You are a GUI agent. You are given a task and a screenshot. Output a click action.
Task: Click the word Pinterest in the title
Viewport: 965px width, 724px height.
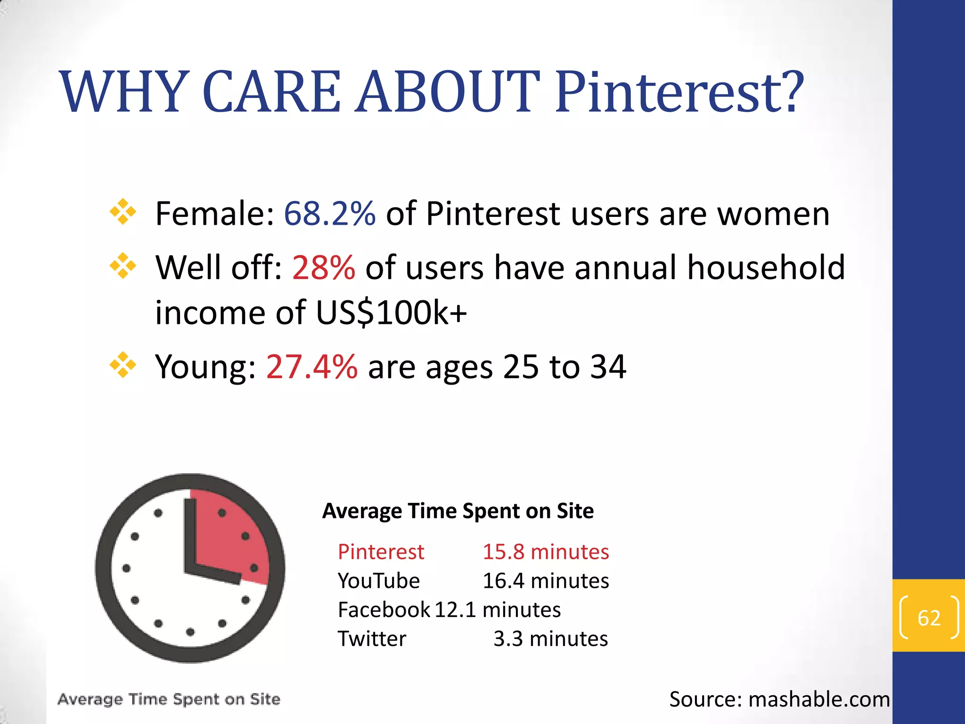pos(679,92)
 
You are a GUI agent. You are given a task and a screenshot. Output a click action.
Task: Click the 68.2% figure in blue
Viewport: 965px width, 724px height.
pos(329,214)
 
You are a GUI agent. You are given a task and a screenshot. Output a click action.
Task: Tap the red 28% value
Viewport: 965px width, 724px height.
pos(323,267)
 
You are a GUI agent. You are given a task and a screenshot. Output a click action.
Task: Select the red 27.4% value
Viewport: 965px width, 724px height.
pos(311,367)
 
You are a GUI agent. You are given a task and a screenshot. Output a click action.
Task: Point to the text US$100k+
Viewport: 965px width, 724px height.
pos(391,313)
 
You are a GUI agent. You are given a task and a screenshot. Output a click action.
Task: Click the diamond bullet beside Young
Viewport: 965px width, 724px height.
pos(123,365)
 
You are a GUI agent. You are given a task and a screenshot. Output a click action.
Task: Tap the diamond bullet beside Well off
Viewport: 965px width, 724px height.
pos(123,266)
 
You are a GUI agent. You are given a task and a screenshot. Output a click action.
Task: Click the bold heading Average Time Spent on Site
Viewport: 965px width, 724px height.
pos(458,511)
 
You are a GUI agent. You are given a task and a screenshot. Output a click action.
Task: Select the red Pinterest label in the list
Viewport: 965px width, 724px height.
pos(381,552)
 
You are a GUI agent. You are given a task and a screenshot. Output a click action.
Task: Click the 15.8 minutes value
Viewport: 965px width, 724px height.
pos(546,552)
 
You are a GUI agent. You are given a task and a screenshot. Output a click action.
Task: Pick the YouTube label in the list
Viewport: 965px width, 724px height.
pos(378,581)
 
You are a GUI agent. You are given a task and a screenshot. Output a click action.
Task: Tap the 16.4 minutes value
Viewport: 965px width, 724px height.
pos(546,581)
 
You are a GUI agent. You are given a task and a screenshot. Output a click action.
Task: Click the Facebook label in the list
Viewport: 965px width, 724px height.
pos(384,610)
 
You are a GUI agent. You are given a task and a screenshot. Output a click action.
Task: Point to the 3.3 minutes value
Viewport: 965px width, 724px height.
pos(550,639)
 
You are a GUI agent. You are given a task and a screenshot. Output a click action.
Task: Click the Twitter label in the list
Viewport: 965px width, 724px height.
pos(372,639)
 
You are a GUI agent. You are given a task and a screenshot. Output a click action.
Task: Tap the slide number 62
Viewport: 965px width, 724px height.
pos(929,617)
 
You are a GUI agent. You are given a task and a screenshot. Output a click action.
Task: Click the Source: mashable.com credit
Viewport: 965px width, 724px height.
pos(779,699)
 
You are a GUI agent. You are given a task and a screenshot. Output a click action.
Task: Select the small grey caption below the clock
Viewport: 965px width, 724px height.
pos(169,699)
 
